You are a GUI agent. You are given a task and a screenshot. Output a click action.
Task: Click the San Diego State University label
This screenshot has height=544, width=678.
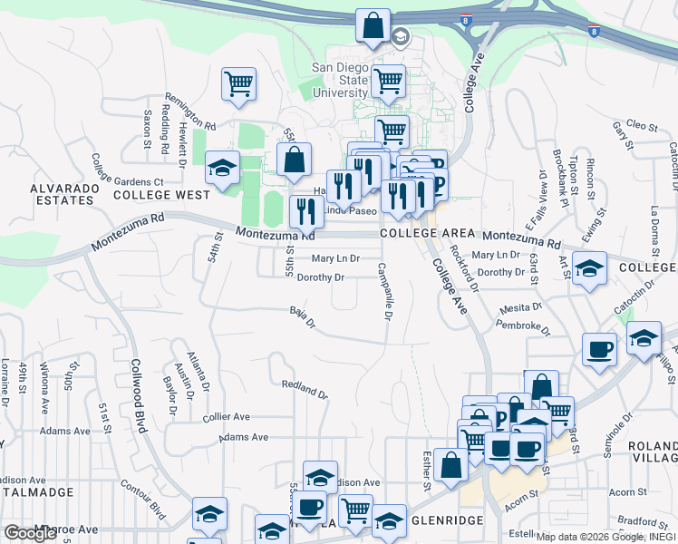pos(341,80)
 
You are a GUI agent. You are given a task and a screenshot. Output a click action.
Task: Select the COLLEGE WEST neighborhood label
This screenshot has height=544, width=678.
pos(162,195)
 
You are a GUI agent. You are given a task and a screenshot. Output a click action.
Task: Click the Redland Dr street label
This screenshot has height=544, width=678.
pos(304,390)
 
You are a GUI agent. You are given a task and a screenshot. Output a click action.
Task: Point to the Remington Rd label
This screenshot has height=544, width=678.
pos(190,112)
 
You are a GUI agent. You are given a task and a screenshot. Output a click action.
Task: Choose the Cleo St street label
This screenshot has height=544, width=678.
pos(641,125)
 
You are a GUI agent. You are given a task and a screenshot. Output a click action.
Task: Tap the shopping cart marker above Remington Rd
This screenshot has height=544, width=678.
pos(238,84)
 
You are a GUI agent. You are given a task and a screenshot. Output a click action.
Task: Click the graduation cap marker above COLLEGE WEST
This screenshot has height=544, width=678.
pos(220,167)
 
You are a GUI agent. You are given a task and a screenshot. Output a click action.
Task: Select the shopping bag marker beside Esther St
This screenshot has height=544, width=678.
pos(450,465)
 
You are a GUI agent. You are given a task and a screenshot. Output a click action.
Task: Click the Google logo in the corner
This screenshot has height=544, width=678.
pos(31,533)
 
